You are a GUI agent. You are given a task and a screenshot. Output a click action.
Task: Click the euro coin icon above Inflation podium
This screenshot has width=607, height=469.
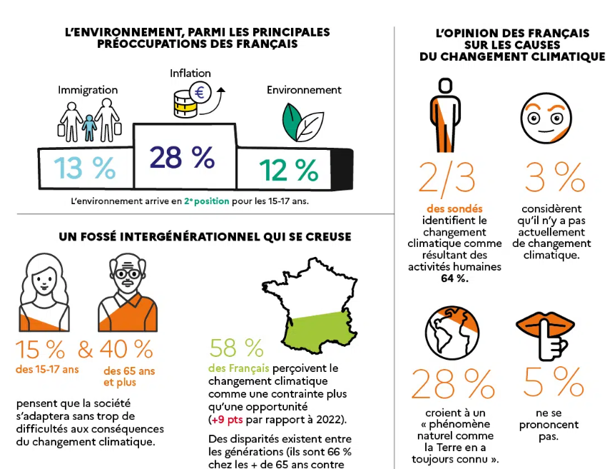200,93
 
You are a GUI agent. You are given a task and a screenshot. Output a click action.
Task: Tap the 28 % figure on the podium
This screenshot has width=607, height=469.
182,157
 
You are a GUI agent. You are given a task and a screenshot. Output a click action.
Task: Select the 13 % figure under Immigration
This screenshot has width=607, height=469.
85,168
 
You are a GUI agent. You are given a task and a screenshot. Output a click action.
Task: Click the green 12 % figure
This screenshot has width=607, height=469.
288,171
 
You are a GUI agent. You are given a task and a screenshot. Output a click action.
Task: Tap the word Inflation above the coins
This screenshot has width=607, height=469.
190,74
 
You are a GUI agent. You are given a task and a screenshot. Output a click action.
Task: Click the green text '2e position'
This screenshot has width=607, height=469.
206,201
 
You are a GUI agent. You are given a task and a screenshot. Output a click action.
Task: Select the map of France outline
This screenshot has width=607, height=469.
310,306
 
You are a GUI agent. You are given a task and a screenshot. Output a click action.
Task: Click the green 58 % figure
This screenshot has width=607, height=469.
237,348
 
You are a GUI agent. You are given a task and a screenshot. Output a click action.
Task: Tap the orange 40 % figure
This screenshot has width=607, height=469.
126,349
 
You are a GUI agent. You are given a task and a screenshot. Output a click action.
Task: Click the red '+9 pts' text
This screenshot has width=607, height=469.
227,420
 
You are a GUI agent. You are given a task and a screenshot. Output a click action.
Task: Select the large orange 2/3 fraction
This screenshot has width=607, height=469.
447,177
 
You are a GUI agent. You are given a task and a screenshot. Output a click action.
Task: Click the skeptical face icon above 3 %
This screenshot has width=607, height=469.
546,118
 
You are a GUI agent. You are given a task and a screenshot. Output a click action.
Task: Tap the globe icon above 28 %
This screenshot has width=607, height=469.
452,333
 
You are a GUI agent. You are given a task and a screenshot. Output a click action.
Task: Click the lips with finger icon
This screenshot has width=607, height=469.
546,336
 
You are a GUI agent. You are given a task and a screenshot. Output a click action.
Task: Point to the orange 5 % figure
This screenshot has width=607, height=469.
554,381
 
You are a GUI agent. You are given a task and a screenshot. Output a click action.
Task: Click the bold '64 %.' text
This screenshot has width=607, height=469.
454,278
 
